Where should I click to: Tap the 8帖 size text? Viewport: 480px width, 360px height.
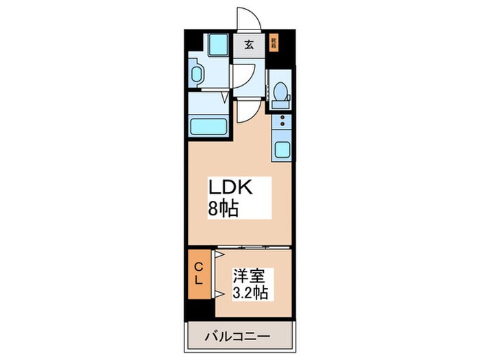coord(224,208)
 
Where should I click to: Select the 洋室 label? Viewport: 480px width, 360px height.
coord(248,276)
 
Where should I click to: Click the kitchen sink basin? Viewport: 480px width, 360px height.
coord(281,149)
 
